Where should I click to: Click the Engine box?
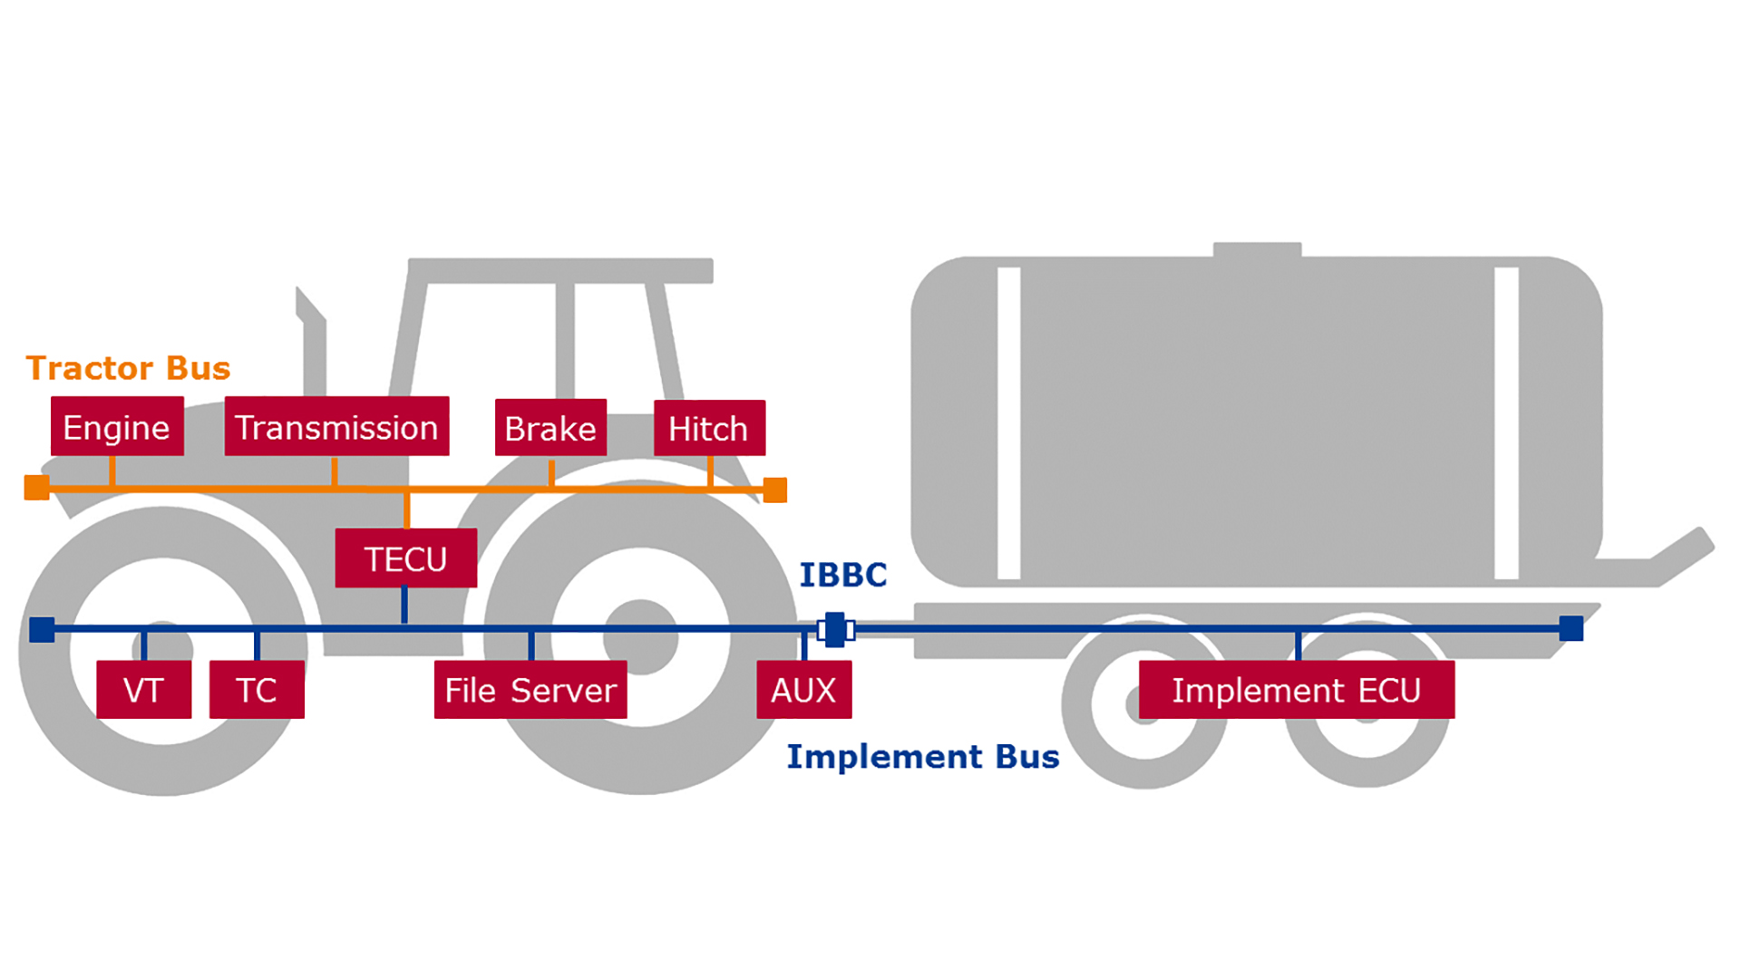[x=117, y=426]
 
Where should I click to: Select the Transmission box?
[x=336, y=426]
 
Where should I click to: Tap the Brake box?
[x=550, y=427]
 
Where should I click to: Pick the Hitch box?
[x=709, y=428]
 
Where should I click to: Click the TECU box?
[x=405, y=558]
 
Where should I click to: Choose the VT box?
[x=143, y=690]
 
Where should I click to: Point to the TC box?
[x=257, y=690]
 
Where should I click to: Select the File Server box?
[x=530, y=690]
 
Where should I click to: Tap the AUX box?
[x=803, y=690]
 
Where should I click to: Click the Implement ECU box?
[x=1296, y=690]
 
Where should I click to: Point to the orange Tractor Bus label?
[x=128, y=368]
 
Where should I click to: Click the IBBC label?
[x=842, y=575]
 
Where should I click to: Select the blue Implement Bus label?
[x=922, y=756]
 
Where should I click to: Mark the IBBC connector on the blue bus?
[x=835, y=629]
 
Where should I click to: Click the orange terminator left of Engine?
[x=36, y=488]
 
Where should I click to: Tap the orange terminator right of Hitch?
[x=775, y=489]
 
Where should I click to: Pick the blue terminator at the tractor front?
[x=42, y=629]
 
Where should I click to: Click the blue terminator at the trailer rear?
[x=1571, y=628]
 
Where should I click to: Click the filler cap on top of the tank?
[x=1257, y=249]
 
